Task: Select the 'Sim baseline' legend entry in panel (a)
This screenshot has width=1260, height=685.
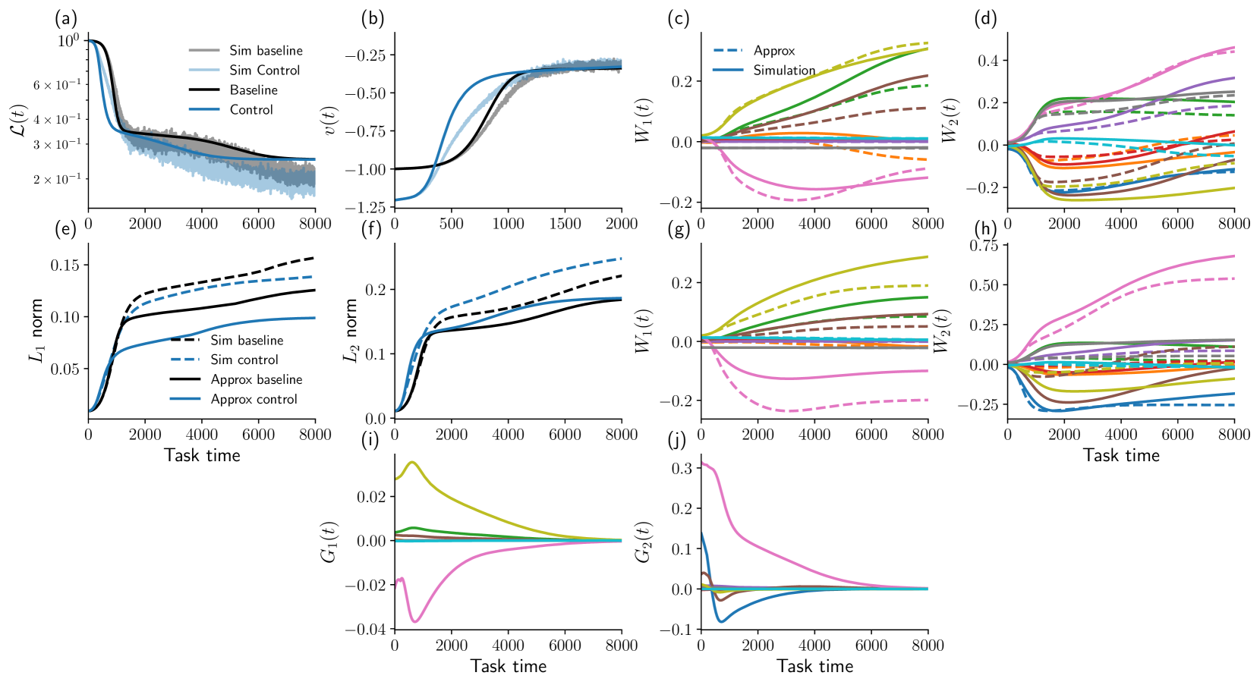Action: coord(266,51)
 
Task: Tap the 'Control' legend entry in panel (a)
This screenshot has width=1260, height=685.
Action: coord(251,110)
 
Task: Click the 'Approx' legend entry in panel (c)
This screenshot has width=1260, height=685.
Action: coord(774,51)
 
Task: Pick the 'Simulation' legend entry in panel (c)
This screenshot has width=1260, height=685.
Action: coord(784,71)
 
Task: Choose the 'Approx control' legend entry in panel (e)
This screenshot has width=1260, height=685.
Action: coord(254,400)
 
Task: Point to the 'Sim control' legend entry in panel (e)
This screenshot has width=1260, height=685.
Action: coord(244,360)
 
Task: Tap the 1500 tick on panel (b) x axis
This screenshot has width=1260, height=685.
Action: coord(565,224)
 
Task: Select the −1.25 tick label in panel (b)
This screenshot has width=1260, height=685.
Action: coord(365,208)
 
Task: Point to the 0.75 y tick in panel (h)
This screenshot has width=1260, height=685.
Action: coord(984,246)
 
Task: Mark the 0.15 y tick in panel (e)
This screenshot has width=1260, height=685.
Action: coord(65,266)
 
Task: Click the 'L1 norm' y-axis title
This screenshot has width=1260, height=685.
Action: coord(36,331)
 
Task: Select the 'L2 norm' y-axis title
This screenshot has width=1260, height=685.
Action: coord(350,331)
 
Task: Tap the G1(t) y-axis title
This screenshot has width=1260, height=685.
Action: coord(329,542)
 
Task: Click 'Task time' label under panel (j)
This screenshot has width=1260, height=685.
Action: coord(814,667)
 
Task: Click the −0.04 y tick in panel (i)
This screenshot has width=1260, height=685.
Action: coord(365,630)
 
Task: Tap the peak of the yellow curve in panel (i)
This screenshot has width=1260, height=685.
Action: coord(412,462)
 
